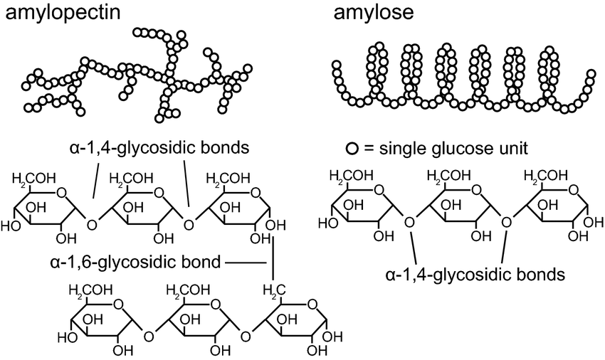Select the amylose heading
pos(365,12)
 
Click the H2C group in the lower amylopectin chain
pos(274,290)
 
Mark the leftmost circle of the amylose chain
pos(337,65)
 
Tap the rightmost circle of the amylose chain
pos(591,75)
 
